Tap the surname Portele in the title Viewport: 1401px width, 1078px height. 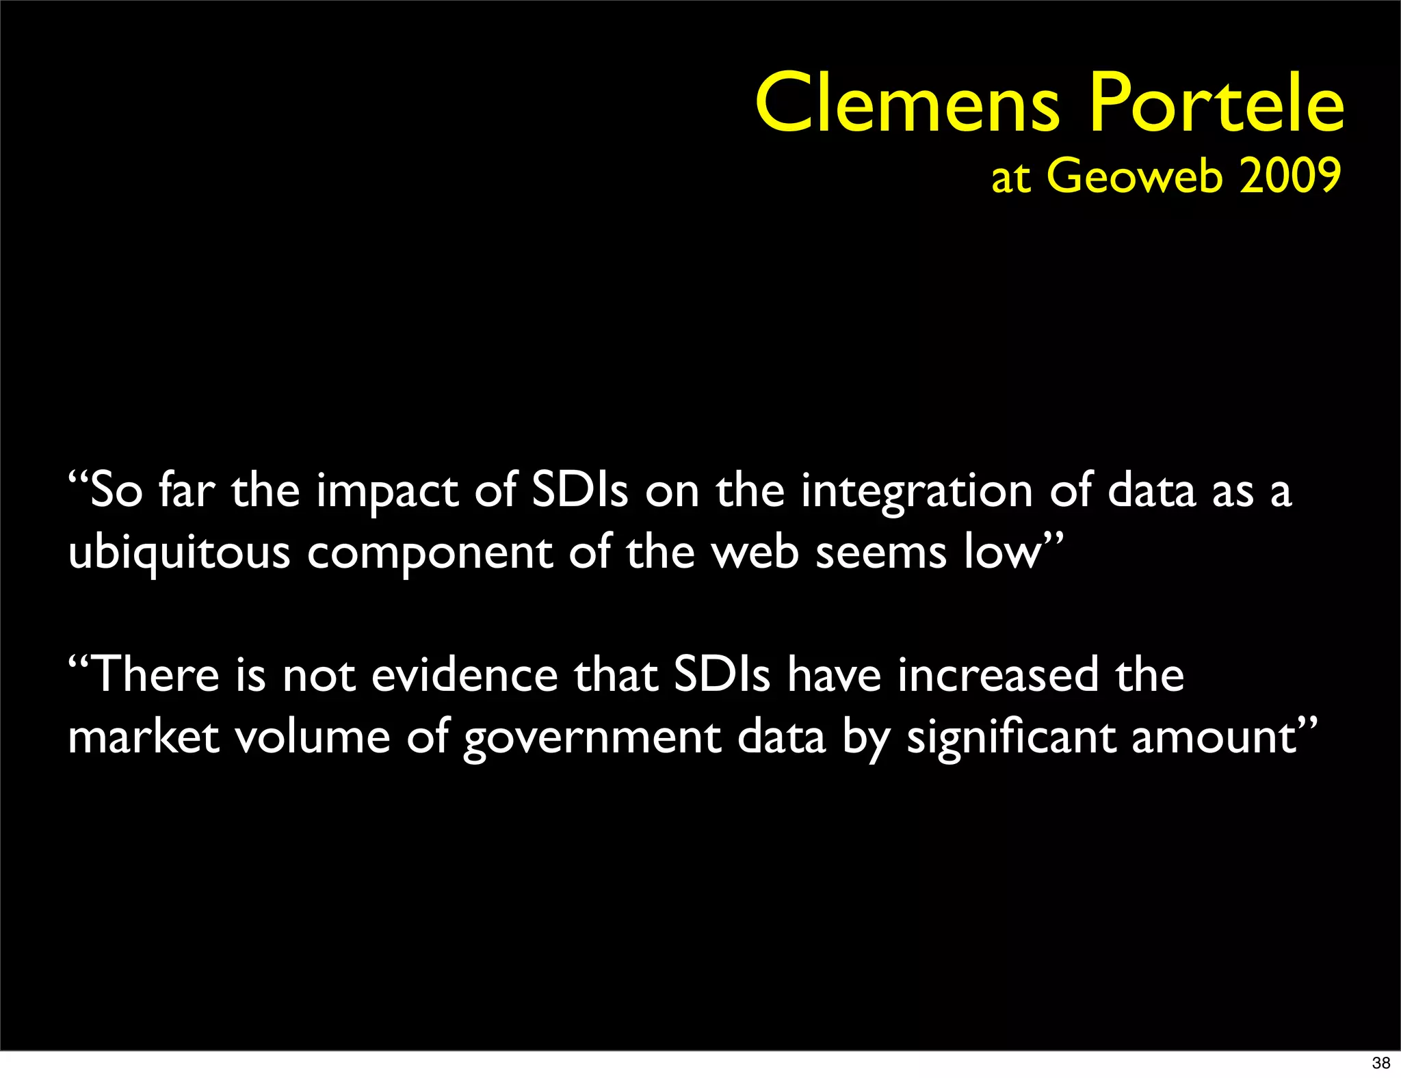pos(1216,104)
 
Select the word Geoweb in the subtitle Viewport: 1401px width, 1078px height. pos(1134,176)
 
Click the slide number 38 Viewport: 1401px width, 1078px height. pos(1380,1063)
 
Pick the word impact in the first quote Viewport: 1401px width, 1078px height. pos(387,492)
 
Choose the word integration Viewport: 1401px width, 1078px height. pos(917,492)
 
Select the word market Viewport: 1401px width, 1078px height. pos(144,737)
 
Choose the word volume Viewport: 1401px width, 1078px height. pos(313,737)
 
